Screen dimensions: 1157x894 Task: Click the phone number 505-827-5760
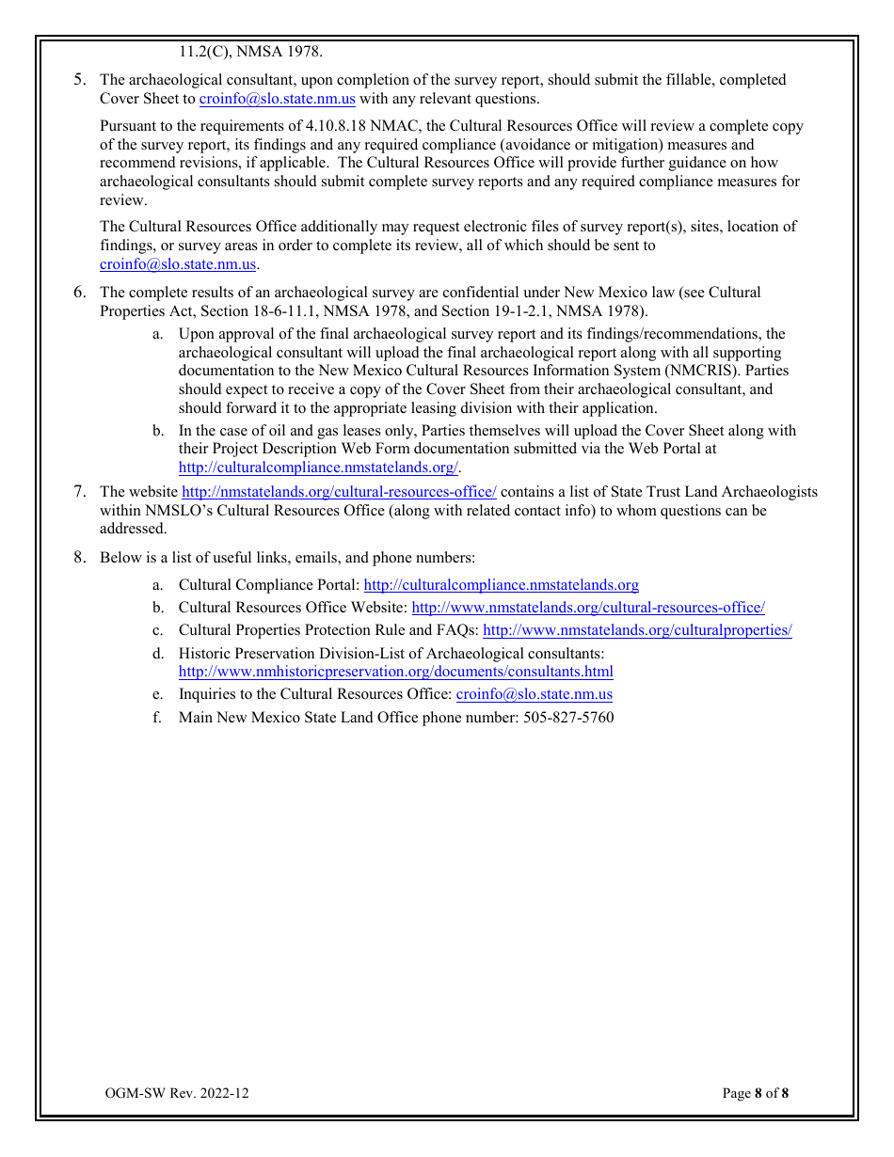tap(568, 718)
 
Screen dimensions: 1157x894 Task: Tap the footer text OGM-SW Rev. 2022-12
tap(178, 1093)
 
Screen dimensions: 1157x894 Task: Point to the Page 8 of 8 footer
tap(755, 1093)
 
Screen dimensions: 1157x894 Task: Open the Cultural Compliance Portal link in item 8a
tap(501, 585)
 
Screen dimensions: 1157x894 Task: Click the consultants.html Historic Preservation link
tap(395, 672)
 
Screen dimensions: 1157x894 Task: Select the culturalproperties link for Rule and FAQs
tap(637, 630)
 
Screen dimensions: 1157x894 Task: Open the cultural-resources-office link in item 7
tap(339, 492)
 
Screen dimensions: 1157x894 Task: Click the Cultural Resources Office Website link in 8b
tap(588, 608)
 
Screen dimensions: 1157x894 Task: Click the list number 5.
tap(80, 80)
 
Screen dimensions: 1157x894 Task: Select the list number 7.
tap(80, 492)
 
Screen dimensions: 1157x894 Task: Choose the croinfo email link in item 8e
tap(534, 694)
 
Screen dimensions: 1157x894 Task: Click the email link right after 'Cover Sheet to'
tap(278, 99)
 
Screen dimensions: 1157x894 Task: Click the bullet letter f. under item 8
tap(158, 718)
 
